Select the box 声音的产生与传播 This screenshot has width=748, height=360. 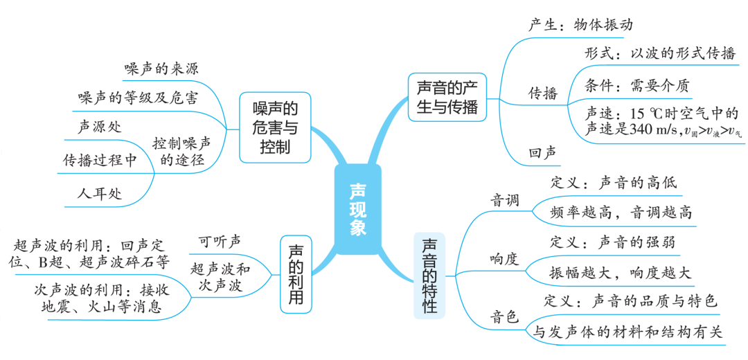coord(447,98)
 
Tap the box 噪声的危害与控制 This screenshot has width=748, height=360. coord(274,128)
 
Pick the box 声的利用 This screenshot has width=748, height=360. coord(296,276)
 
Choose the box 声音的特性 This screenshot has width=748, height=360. coord(429,276)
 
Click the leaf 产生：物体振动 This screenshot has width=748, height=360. coord(580,25)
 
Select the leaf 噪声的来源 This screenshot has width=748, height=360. coord(166,71)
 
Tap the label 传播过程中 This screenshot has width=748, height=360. coord(99,160)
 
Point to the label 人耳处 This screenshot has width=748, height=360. coord(100,193)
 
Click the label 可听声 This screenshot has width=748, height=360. coord(220,241)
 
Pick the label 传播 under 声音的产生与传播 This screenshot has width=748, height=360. coord(543,93)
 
